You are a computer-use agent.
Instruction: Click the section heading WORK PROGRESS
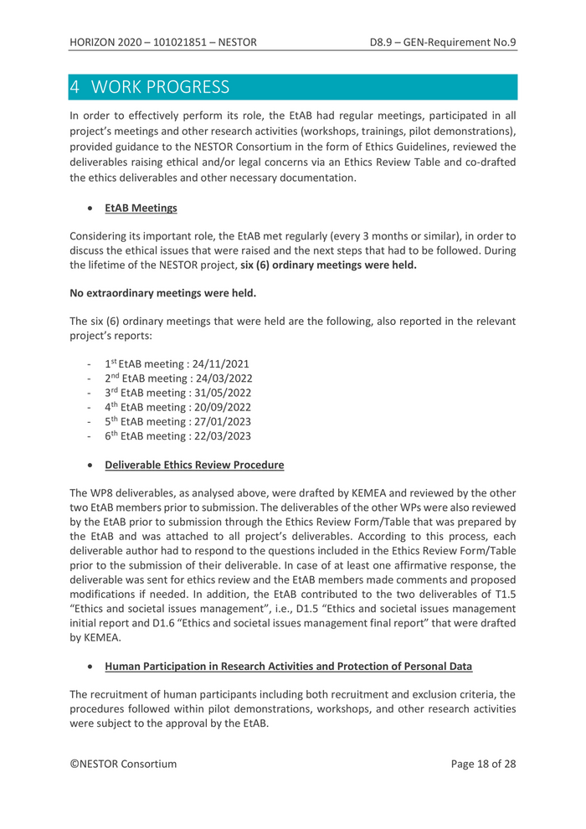pyautogui.click(x=160, y=87)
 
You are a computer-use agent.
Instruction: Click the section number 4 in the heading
pyautogui.click(x=75, y=87)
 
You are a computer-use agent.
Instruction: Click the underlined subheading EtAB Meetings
pyautogui.click(x=141, y=208)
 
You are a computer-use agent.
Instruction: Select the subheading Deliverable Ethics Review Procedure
pyautogui.click(x=194, y=465)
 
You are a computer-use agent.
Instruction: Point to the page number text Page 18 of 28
pyautogui.click(x=483, y=764)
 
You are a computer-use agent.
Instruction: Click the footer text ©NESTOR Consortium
pyautogui.click(x=123, y=764)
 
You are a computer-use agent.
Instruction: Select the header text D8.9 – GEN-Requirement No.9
pyautogui.click(x=443, y=42)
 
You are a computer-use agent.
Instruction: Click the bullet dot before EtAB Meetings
pyautogui.click(x=89, y=209)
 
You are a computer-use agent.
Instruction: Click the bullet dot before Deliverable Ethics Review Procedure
pyautogui.click(x=89, y=466)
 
